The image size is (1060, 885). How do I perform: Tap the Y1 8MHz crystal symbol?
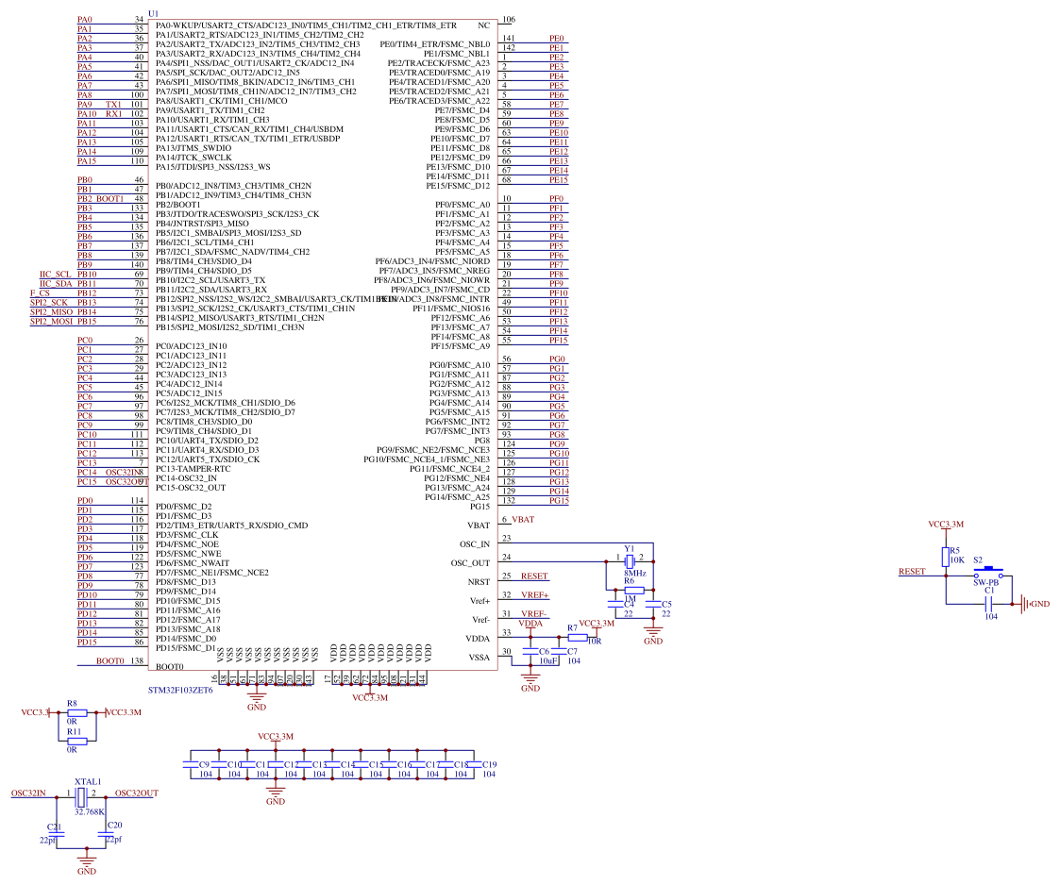[x=628, y=561]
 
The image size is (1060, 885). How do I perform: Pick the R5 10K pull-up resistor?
[x=945, y=558]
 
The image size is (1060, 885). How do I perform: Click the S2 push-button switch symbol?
[x=987, y=573]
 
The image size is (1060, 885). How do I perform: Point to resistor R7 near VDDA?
[x=577, y=637]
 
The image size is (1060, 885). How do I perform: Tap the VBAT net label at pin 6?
[x=523, y=520]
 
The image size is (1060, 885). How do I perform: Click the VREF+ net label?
[x=534, y=595]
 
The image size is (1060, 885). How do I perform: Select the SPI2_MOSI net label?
[x=51, y=322]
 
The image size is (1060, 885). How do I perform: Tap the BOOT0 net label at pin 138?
[x=109, y=661]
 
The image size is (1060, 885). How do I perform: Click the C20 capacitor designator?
[x=115, y=825]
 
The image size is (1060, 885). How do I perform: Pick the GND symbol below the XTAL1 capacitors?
[x=87, y=864]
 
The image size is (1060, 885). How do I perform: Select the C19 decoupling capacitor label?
[x=489, y=764]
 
